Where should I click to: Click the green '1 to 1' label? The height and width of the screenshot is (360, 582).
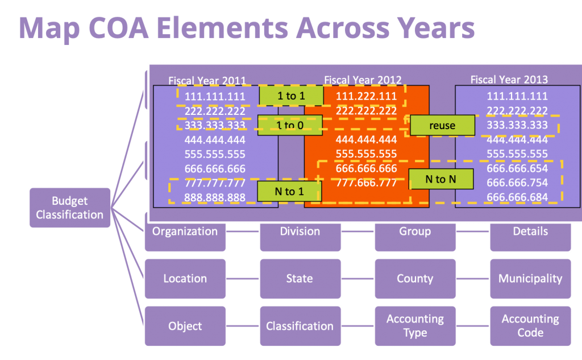pyautogui.click(x=291, y=96)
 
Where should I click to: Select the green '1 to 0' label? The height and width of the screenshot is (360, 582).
pyautogui.click(x=290, y=125)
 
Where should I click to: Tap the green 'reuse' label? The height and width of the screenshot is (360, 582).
pyautogui.click(x=442, y=125)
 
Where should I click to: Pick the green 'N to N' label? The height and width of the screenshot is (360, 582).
pyautogui.click(x=441, y=179)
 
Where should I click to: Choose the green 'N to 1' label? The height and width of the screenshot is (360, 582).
pyautogui.click(x=289, y=191)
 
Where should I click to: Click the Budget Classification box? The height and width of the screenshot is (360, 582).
pyautogui.click(x=70, y=208)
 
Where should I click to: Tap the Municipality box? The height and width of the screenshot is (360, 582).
pyautogui.click(x=530, y=279)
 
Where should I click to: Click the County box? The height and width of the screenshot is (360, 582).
pyautogui.click(x=415, y=279)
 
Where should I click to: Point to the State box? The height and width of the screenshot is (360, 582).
pyautogui.click(x=300, y=279)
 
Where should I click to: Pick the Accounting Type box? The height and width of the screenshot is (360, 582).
pyautogui.click(x=415, y=326)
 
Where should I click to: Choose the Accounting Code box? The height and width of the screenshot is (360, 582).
pyautogui.click(x=530, y=326)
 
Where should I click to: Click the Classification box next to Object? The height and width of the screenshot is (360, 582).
pyautogui.click(x=300, y=326)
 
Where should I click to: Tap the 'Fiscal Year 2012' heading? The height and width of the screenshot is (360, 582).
pyautogui.click(x=363, y=80)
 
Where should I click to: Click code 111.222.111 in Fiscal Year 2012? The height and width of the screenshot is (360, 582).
pyautogui.click(x=366, y=96)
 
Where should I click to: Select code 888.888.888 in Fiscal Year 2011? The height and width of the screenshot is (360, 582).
pyautogui.click(x=215, y=197)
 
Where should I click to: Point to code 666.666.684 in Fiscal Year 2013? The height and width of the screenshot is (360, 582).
pyautogui.click(x=517, y=197)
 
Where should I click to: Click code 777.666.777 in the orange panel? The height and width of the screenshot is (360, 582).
pyautogui.click(x=366, y=183)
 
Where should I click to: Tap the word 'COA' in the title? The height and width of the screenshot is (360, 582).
pyautogui.click(x=119, y=28)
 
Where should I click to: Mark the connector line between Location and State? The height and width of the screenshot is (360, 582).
pyautogui.click(x=243, y=279)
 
